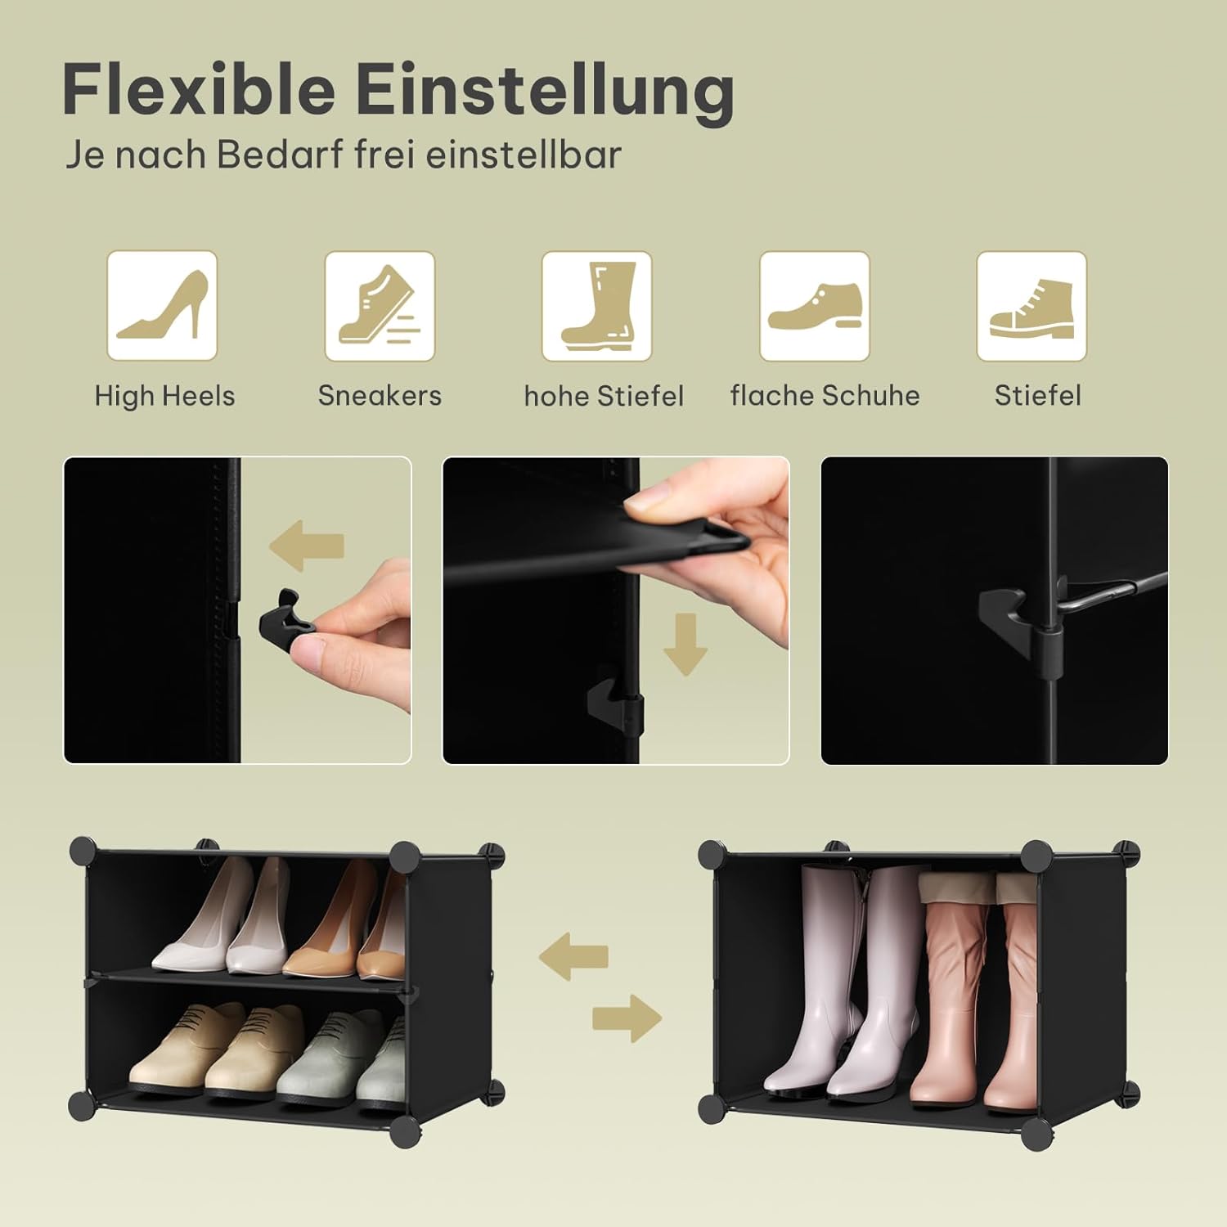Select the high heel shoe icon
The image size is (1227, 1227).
pos(162,306)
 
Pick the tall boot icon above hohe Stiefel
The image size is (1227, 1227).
pos(597,306)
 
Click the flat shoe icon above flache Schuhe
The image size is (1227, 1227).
pos(815,306)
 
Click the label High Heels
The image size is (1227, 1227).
pos(164,396)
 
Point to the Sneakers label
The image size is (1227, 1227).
pos(380,396)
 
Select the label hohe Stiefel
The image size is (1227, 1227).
pos(604,396)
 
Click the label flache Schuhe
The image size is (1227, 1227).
pos(825,396)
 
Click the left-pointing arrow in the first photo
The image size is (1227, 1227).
pos(307,546)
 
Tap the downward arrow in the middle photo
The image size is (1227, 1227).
pos(685,645)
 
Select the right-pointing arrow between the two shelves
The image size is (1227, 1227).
pos(627,1018)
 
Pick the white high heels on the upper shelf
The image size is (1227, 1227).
pos(221,920)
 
